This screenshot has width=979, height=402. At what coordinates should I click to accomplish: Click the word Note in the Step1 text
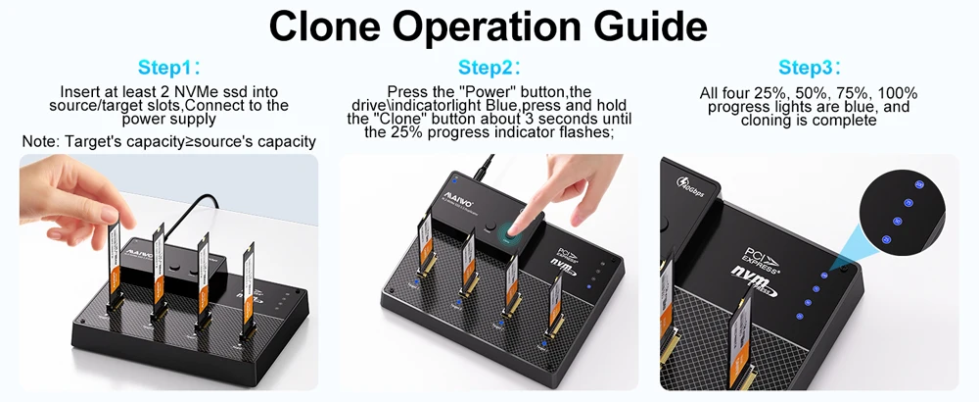pyautogui.click(x=39, y=142)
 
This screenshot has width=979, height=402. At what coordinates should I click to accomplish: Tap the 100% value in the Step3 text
pyautogui.click(x=900, y=94)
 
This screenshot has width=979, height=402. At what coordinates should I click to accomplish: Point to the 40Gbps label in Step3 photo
pyautogui.click(x=691, y=186)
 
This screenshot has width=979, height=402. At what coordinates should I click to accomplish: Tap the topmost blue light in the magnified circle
pyautogui.click(x=918, y=184)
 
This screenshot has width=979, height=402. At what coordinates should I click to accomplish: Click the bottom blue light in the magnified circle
pyautogui.click(x=888, y=239)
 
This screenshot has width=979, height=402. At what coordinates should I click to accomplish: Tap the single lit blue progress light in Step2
pyautogui.click(x=588, y=288)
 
